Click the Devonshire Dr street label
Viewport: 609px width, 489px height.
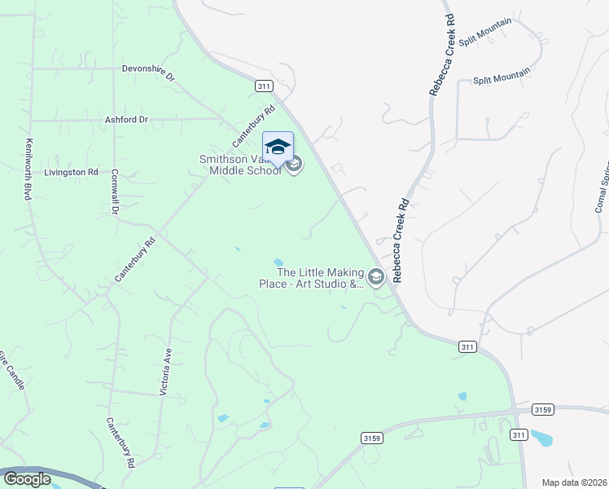(x=148, y=73)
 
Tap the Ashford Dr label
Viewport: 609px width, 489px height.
(x=126, y=119)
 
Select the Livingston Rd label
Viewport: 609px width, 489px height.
(x=71, y=173)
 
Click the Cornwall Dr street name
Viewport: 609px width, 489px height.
(x=115, y=192)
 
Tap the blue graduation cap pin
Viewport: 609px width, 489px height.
(x=278, y=148)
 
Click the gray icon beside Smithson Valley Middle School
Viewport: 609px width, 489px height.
(x=295, y=165)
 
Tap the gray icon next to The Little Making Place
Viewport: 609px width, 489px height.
(x=376, y=279)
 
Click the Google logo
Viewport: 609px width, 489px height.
(x=26, y=479)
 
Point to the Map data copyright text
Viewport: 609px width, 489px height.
(x=574, y=482)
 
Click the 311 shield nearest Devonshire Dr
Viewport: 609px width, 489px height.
(x=262, y=86)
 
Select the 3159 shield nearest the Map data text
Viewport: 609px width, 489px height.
(x=542, y=408)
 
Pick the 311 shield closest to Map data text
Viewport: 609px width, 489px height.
(x=519, y=436)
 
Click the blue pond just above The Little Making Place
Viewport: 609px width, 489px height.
(x=278, y=262)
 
